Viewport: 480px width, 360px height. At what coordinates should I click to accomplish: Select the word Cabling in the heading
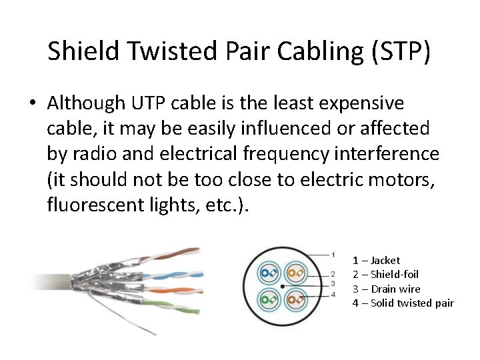(307, 52)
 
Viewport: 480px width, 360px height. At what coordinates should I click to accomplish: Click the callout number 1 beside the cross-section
(333, 255)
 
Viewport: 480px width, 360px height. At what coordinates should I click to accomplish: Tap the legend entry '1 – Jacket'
(376, 260)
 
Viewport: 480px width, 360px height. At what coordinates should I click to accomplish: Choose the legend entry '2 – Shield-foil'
(385, 275)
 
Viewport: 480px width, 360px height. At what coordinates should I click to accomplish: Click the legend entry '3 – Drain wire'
(386, 289)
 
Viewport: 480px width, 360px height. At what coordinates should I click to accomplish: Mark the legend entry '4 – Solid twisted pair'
(403, 303)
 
